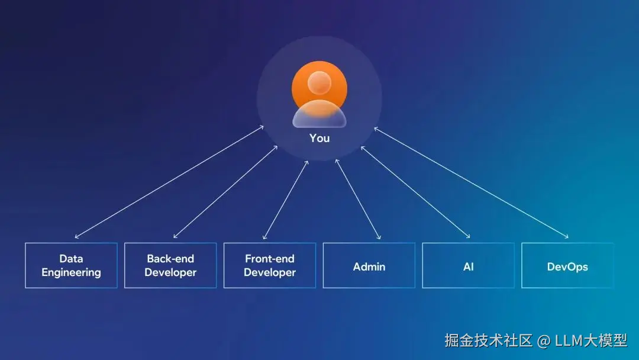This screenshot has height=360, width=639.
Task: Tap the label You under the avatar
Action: coord(319,138)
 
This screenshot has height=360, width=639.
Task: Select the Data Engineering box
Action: coord(71,265)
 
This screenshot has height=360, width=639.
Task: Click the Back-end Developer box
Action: coord(170,265)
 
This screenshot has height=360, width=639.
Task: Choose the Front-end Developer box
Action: coord(270,265)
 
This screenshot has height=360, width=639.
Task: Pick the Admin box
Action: coord(369,266)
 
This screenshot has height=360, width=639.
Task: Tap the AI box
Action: coord(469,266)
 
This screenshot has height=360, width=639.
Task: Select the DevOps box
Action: coord(567,266)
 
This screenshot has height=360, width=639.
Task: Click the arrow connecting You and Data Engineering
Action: coord(169,182)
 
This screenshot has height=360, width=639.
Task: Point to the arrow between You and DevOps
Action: coord(471,182)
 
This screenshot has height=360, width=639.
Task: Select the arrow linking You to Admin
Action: coord(358,199)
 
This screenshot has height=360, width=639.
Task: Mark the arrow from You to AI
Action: coord(415,192)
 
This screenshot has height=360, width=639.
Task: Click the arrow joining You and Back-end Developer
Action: coord(225,192)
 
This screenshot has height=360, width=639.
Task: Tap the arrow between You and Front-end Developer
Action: coord(285,200)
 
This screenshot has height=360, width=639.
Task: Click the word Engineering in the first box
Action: coord(71,273)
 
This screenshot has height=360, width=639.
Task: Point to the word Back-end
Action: coord(170,259)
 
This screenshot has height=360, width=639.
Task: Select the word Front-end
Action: coord(270,259)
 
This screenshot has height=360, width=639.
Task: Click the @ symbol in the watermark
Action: coord(543,341)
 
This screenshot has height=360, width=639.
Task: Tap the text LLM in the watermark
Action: coord(569,341)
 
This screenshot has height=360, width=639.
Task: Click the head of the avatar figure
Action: coord(319,82)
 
